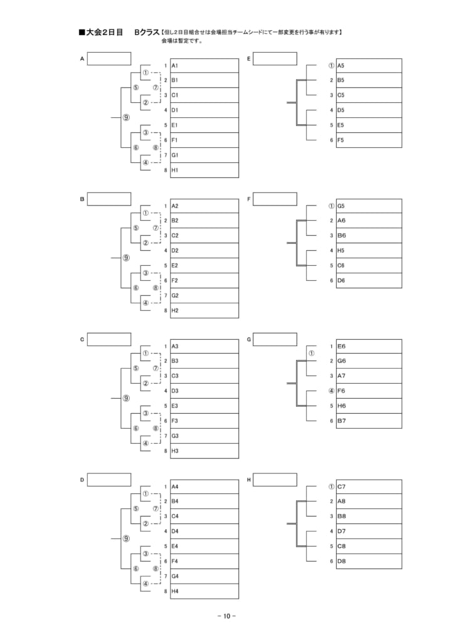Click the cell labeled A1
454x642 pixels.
pyautogui.click(x=204, y=65)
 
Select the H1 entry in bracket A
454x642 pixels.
pyautogui.click(x=204, y=170)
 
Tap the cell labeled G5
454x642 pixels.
pyautogui.click(x=369, y=206)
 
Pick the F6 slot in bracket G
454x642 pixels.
pyautogui.click(x=369, y=391)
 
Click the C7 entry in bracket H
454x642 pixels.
pyautogui.click(x=369, y=487)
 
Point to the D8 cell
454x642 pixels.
pyautogui.click(x=369, y=561)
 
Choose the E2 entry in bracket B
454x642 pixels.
pyautogui.click(x=204, y=265)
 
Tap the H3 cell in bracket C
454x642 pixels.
pyautogui.click(x=204, y=451)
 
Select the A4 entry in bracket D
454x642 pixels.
pyautogui.click(x=204, y=487)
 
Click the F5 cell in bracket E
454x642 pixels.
pyautogui.click(x=369, y=140)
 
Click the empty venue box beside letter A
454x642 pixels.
pyautogui.click(x=109, y=58)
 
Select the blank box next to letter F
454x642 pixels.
pyautogui.click(x=275, y=199)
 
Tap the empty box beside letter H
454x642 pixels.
pyautogui.click(x=275, y=480)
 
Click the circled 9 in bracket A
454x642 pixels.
pyautogui.click(x=126, y=117)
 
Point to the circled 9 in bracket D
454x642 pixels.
pyautogui.click(x=126, y=539)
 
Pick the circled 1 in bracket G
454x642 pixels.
pyautogui.click(x=312, y=354)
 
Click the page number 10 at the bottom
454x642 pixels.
pyautogui.click(x=227, y=616)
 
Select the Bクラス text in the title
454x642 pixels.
pyautogui.click(x=147, y=33)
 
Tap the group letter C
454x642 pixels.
pyautogui.click(x=82, y=339)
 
